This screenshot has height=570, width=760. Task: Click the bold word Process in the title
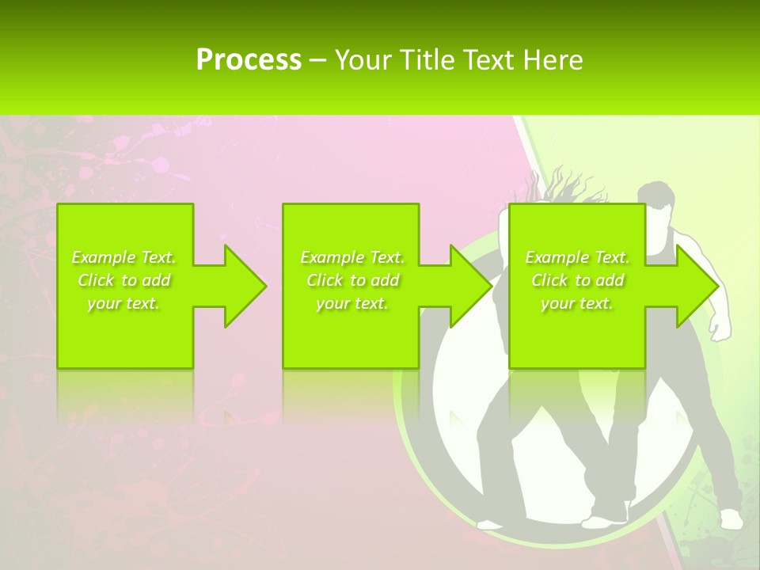click(249, 60)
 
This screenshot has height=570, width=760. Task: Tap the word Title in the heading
click(427, 60)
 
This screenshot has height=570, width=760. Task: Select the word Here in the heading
click(553, 60)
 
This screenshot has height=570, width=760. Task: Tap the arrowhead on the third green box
click(693, 286)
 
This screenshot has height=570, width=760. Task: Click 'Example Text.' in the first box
click(124, 257)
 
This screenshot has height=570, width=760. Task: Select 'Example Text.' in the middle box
click(352, 257)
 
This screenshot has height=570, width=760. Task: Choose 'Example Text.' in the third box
click(577, 257)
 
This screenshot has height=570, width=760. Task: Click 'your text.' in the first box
click(124, 303)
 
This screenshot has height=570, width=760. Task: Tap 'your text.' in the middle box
click(352, 303)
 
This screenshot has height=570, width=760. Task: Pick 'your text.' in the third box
click(577, 303)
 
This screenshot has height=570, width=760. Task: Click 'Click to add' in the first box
click(124, 280)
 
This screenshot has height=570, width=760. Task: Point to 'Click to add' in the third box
click(577, 280)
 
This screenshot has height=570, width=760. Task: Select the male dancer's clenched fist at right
click(719, 329)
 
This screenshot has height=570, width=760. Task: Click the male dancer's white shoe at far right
click(730, 519)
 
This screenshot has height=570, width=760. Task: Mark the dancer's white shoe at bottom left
click(490, 523)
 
